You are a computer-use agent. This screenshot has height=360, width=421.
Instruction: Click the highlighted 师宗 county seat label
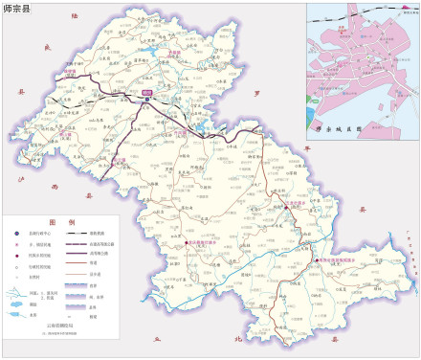pyautogui.click(x=147, y=92)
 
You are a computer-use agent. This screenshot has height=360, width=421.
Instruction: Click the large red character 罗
pyautogui.click(x=256, y=94)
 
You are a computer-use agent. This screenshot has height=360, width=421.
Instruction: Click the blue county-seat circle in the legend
pyautogui.click(x=17, y=233)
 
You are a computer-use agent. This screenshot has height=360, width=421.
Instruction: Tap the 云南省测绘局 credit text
pyautogui.click(x=59, y=326)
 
